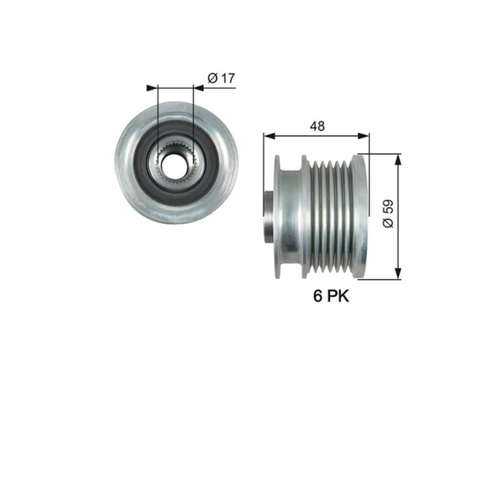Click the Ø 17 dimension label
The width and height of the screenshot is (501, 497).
coord(221,78)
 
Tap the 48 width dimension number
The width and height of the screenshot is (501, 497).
coord(317,126)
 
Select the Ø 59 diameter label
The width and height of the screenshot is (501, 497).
coord(388,214)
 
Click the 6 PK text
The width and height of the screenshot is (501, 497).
coord(331,296)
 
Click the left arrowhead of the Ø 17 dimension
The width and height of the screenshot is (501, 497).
coord(152,88)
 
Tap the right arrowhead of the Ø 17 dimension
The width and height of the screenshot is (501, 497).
coord(199,88)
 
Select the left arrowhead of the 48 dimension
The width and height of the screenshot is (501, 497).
coord(269,136)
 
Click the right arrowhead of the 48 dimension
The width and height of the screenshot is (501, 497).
coord(364,136)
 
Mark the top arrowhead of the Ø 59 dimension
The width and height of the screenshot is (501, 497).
coord(398,160)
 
